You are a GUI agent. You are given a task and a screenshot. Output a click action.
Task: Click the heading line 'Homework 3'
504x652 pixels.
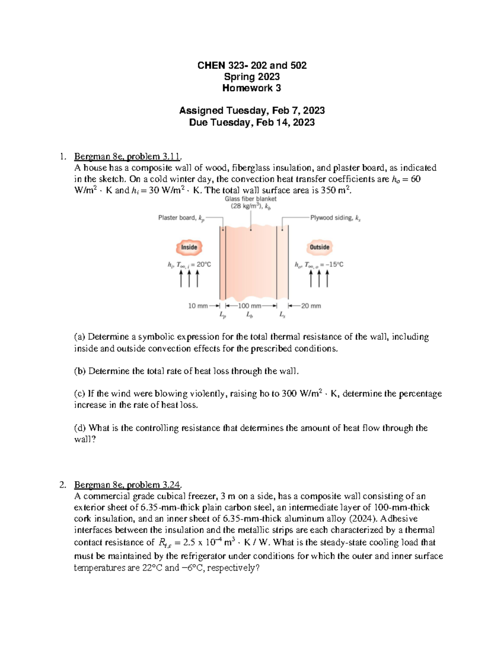pyautogui.click(x=252, y=88)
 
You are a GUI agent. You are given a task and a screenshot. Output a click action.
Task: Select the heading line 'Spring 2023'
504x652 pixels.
pyautogui.click(x=252, y=77)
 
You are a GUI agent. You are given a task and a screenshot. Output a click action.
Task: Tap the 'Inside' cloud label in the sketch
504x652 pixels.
pyautogui.click(x=189, y=247)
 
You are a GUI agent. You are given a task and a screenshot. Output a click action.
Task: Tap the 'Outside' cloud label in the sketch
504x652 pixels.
pyautogui.click(x=320, y=247)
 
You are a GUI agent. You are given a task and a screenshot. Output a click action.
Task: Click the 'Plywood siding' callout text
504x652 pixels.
pyautogui.click(x=335, y=218)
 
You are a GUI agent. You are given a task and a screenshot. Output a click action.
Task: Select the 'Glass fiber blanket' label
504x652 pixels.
pyautogui.click(x=251, y=199)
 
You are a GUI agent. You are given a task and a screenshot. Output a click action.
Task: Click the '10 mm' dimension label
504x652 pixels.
pyautogui.click(x=198, y=306)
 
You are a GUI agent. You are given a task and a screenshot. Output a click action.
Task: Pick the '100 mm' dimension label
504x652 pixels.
pyautogui.click(x=249, y=306)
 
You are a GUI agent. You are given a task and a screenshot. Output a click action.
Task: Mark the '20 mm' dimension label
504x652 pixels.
pyautogui.click(x=311, y=306)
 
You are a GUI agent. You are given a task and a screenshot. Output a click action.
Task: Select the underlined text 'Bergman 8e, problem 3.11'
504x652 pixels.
pyautogui.click(x=127, y=157)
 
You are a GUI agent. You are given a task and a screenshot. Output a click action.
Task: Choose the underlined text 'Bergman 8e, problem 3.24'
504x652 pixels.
pyautogui.click(x=127, y=485)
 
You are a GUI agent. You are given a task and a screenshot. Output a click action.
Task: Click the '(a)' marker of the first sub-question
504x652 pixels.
pyautogui.click(x=79, y=337)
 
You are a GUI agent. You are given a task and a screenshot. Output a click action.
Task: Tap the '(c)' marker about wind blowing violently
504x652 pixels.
pyautogui.click(x=79, y=394)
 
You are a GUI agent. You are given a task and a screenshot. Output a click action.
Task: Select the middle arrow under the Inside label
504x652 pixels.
pyautogui.click(x=189, y=278)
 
